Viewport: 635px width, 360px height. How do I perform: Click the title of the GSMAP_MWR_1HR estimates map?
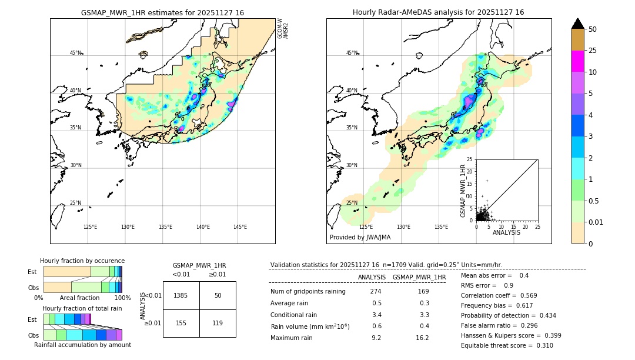coord(162,12)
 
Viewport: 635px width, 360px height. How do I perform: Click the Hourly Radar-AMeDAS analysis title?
coord(438,12)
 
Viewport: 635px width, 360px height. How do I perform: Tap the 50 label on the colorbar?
coord(593,29)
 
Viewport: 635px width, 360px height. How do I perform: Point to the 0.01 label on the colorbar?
coord(596,222)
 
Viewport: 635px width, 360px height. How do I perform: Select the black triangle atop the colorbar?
coord(577,24)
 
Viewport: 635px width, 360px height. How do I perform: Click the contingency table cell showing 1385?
coord(181,295)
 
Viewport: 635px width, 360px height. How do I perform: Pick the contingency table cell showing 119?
coord(218,323)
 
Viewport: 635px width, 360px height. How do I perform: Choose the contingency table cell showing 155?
coord(181,323)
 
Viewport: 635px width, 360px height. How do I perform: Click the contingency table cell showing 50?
coord(218,295)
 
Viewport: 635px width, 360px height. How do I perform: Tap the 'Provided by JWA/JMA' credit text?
coord(360,238)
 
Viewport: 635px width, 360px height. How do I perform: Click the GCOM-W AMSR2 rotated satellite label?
coord(283,28)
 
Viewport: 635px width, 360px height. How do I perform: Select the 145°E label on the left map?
coord(240,227)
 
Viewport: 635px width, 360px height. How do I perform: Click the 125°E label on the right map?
coord(366,227)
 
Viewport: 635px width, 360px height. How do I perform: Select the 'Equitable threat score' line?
coord(507,345)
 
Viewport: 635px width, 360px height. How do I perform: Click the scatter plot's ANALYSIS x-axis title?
coord(506,232)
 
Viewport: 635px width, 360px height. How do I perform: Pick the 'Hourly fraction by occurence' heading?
coord(82,261)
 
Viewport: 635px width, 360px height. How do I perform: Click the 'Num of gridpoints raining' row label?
coord(308,292)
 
